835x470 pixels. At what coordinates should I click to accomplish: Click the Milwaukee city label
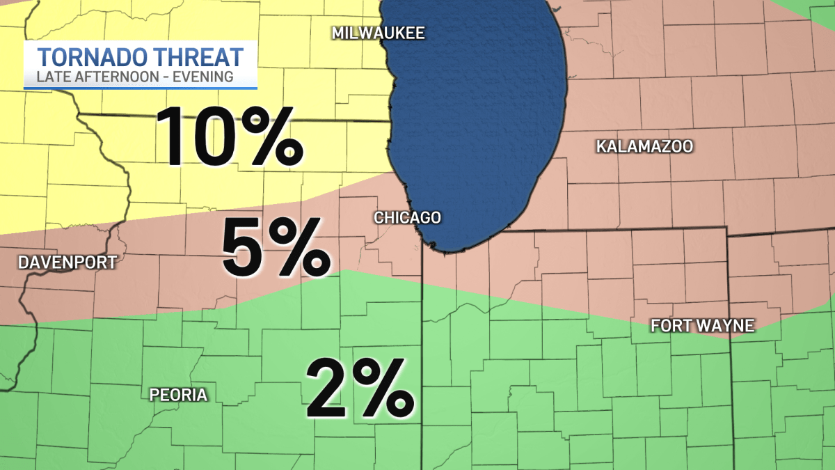coord(378,33)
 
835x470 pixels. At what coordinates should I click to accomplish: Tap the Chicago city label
coord(407,217)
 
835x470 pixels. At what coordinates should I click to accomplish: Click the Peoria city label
coord(179,395)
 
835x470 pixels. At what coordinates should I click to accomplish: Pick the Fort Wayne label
coord(702,325)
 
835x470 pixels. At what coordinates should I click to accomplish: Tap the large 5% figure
coord(276,248)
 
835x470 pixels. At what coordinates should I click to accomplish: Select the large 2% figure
coord(359,386)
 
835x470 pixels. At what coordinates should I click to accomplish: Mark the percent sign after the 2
coord(383,386)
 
